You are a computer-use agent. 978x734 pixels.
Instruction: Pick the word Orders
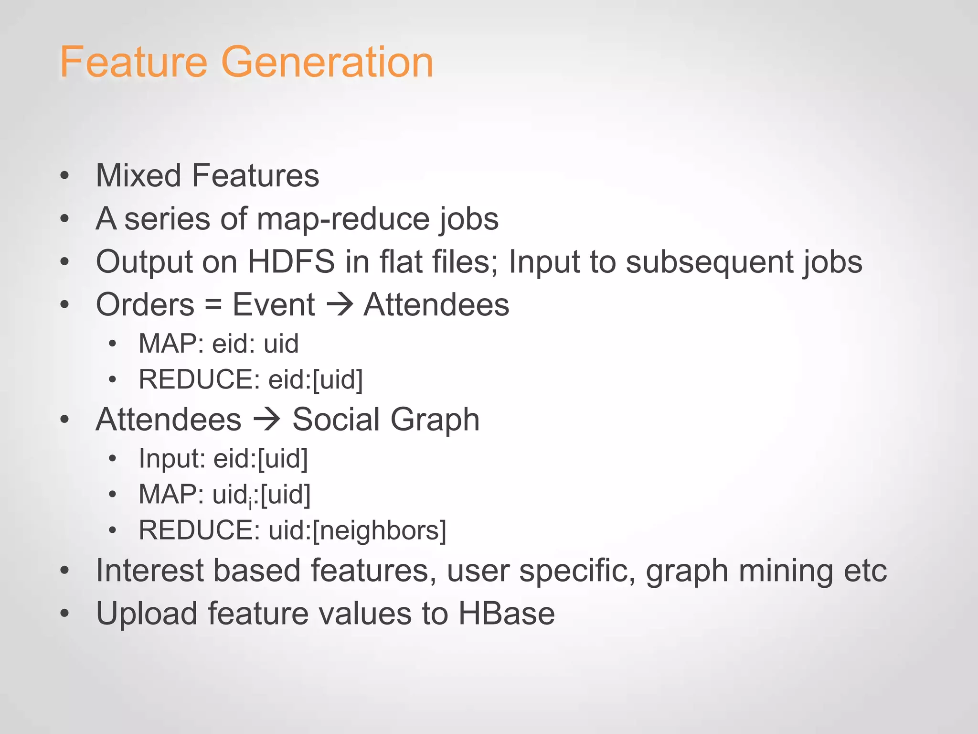coord(145,305)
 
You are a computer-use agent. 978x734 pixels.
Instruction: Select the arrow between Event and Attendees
coord(339,305)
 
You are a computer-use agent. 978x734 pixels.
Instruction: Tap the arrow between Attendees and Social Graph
coord(266,419)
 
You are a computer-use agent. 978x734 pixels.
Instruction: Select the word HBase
coord(506,614)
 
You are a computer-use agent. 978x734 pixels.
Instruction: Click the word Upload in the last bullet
coord(147,614)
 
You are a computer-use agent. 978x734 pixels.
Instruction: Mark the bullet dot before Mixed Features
coord(65,176)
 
